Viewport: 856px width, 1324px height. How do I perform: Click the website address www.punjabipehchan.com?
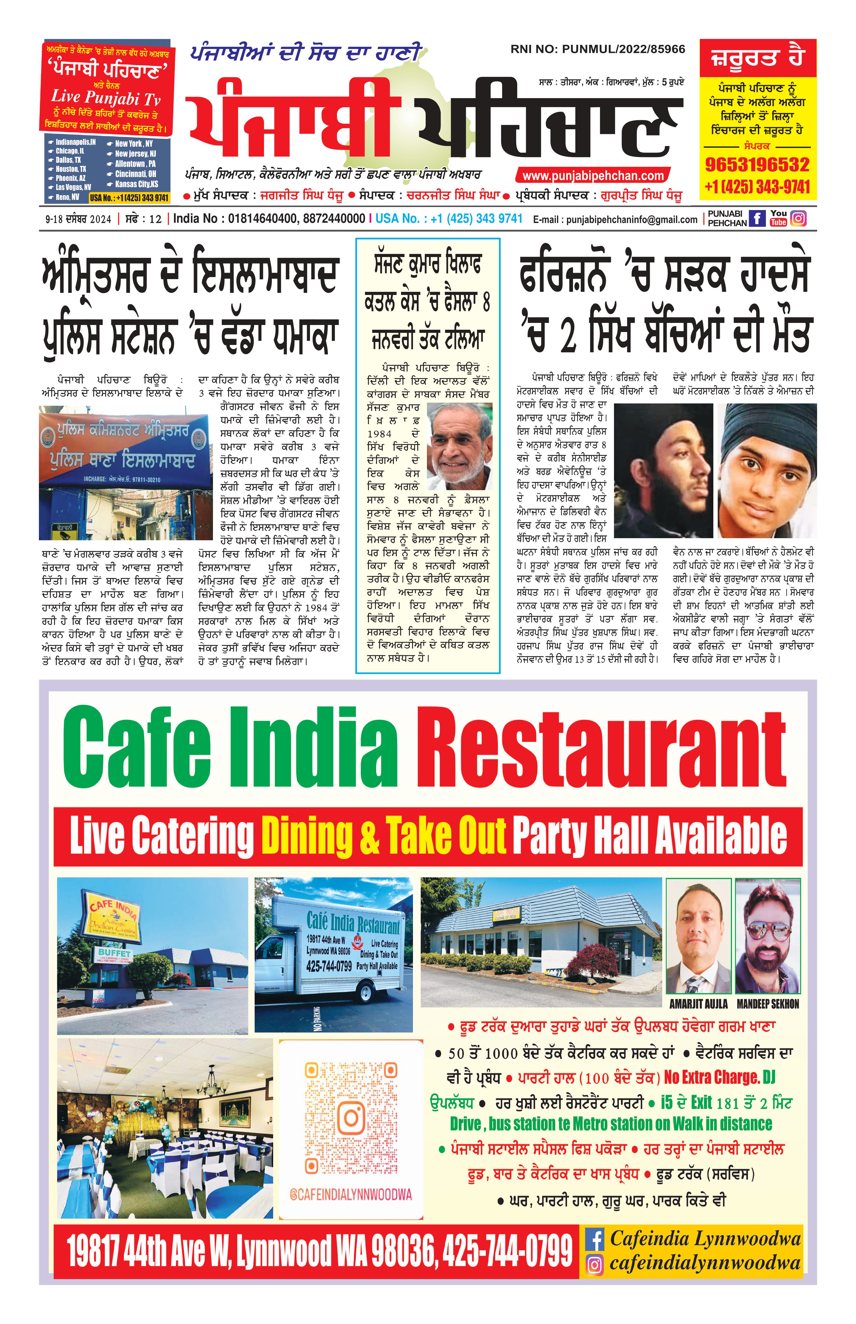click(x=593, y=176)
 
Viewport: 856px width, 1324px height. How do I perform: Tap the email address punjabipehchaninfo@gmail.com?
click(x=615, y=220)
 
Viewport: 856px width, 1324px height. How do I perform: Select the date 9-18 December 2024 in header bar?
click(x=78, y=219)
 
